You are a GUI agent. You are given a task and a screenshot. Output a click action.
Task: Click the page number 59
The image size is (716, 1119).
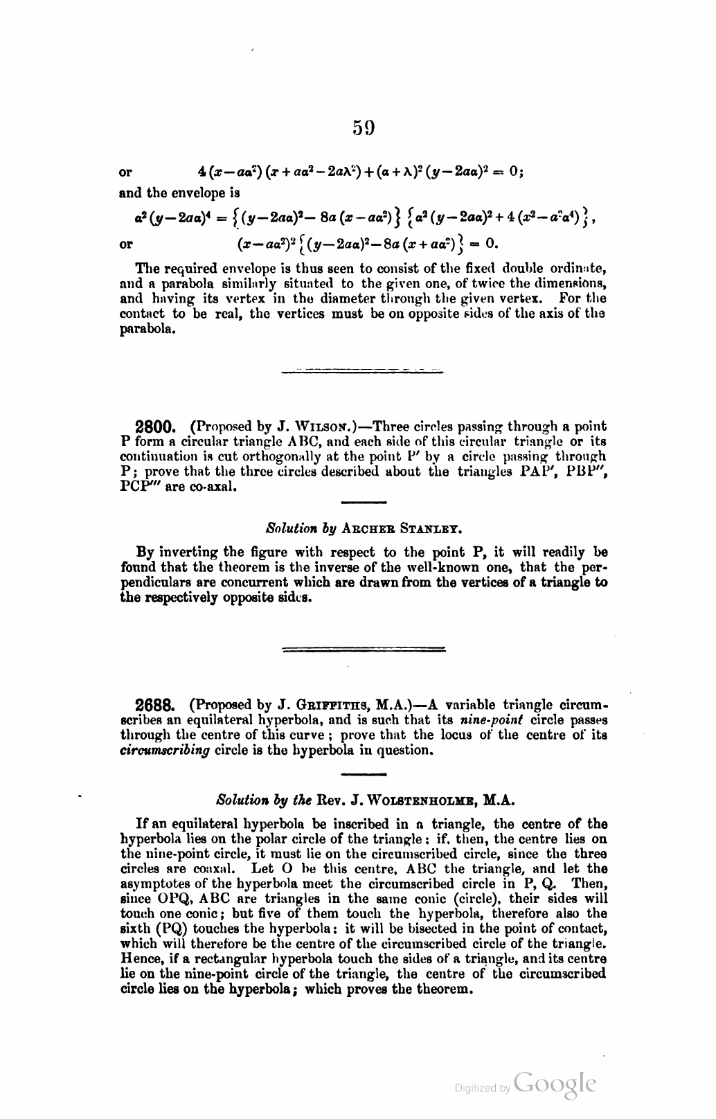(364, 127)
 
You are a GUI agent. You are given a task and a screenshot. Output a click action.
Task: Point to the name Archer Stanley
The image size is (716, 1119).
(401, 528)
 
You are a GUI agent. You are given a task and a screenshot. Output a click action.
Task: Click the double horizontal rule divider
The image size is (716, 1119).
(364, 650)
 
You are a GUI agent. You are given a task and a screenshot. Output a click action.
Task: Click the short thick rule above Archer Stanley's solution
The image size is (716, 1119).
(364, 502)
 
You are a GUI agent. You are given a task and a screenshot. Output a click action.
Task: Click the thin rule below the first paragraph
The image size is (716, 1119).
(364, 372)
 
